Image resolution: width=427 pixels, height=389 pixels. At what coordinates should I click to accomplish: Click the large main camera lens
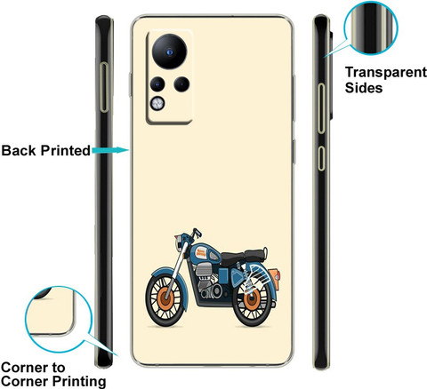(x=170, y=52)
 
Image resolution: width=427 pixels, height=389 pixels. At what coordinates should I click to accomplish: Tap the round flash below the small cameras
(x=157, y=104)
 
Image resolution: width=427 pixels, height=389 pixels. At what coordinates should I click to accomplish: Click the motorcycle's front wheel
(x=165, y=299)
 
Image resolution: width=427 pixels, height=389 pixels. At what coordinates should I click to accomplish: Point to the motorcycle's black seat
(x=243, y=257)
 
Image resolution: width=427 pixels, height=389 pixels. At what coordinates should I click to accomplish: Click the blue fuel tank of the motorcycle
(x=204, y=253)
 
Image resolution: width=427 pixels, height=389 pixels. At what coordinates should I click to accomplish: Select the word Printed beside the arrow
(x=66, y=150)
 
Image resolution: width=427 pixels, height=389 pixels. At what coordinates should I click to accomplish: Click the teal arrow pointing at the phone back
(x=110, y=150)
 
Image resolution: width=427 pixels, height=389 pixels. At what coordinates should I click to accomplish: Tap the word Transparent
(x=386, y=72)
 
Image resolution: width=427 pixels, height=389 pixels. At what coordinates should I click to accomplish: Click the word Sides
(x=364, y=88)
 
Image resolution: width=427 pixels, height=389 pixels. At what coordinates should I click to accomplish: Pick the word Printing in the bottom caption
(x=79, y=381)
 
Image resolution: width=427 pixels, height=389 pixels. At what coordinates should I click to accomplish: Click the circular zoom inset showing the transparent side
(x=371, y=28)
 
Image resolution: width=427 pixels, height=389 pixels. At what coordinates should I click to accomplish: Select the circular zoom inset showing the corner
(x=59, y=319)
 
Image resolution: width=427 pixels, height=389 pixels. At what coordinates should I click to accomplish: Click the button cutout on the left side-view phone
(x=104, y=87)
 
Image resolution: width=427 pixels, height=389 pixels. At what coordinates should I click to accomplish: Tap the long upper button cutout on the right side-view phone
(x=321, y=108)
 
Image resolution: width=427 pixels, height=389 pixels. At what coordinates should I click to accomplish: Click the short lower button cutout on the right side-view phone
(x=321, y=158)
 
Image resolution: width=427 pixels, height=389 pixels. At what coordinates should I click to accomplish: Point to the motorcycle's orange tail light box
(x=275, y=279)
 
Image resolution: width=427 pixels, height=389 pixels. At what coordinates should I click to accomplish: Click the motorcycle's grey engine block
(x=205, y=277)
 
